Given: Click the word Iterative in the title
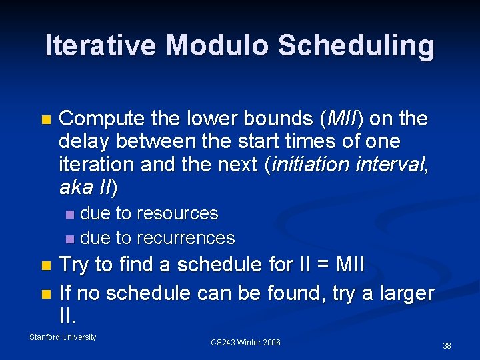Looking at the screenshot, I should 101,45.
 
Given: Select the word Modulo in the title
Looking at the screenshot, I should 217,45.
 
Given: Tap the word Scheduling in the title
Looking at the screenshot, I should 356,45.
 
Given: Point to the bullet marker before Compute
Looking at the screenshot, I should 45,120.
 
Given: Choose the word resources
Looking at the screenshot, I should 177,213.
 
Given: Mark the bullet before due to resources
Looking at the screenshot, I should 71,215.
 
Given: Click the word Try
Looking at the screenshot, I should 75,265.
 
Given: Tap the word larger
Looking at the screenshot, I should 406,293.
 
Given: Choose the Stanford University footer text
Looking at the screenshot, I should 63,337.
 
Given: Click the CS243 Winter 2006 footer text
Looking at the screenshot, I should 245,343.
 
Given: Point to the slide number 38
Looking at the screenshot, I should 447,345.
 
